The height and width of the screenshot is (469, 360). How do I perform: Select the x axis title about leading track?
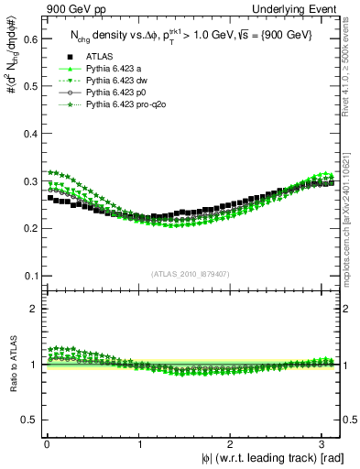point(272,459)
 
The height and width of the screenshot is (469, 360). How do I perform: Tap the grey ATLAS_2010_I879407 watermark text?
point(191,272)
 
